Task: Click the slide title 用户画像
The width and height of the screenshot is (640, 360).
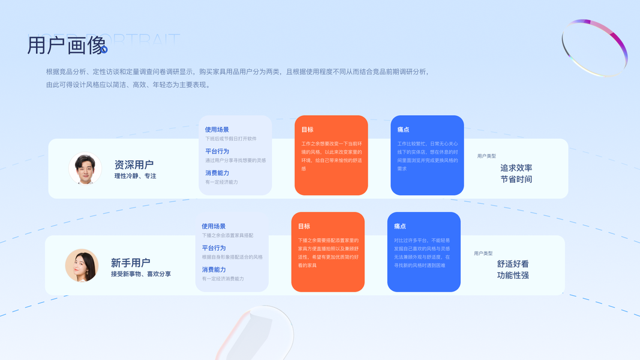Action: point(67,46)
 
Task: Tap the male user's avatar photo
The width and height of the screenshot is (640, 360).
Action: point(85,169)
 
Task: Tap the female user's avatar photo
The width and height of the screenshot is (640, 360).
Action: point(82,266)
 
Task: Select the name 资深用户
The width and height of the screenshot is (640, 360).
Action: point(134,164)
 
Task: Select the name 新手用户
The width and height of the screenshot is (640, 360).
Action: point(130,263)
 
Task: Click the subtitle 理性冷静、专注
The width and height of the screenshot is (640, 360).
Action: point(135,176)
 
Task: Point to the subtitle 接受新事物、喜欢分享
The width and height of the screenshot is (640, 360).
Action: point(140,274)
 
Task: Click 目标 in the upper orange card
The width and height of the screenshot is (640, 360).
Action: point(307,130)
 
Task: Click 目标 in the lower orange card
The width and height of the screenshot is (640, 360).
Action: point(304,227)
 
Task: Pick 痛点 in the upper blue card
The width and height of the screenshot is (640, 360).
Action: point(403,130)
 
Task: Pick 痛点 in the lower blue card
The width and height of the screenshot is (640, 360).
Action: point(400,227)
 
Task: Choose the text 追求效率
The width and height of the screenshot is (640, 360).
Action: point(516,168)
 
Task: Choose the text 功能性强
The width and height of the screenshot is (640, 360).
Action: point(513,275)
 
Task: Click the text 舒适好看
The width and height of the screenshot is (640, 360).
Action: point(513,264)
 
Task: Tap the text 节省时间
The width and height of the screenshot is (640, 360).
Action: point(516,179)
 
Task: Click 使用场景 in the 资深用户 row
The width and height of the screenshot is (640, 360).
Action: point(217,130)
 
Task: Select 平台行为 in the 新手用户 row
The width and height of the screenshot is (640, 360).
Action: point(214,248)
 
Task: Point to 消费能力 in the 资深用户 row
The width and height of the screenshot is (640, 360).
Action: point(217,173)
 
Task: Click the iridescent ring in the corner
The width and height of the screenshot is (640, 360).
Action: point(594,48)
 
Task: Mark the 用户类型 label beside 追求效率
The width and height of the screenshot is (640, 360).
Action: point(486,156)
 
